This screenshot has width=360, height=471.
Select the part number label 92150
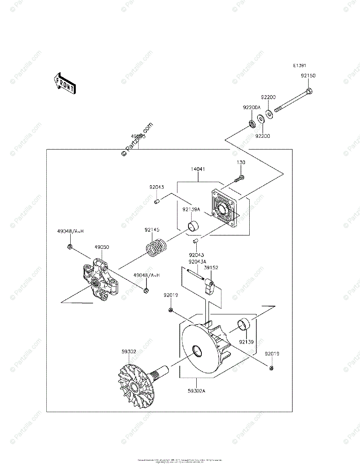tap(308, 76)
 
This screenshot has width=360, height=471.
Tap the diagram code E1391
tap(300, 66)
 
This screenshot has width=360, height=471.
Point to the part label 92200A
tap(251, 107)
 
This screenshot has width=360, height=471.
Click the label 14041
tap(198, 169)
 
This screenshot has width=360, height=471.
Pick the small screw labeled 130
tap(239, 179)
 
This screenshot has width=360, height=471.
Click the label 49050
tap(102, 247)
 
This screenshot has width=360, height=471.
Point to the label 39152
tap(211, 268)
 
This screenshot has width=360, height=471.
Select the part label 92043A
tap(197, 261)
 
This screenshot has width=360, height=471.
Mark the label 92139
tap(246, 342)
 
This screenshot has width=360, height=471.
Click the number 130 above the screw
tap(241, 162)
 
